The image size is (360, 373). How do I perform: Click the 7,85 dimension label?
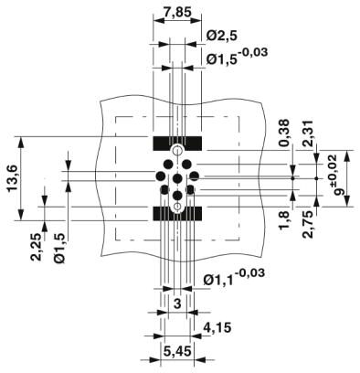[177, 12]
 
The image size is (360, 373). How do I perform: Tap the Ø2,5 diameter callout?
[222, 36]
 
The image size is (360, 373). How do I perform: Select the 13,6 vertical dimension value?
[13, 178]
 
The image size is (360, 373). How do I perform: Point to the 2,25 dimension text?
[37, 247]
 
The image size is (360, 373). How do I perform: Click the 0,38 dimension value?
[284, 133]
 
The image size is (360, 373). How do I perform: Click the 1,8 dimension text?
[284, 220]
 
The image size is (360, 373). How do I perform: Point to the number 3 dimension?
[177, 304]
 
